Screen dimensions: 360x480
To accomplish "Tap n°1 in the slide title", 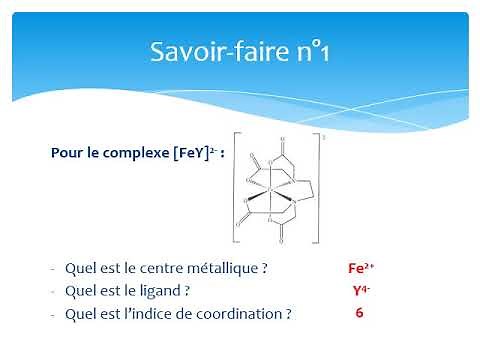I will pos(306,51).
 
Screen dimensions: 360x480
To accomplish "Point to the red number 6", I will pos(359,313).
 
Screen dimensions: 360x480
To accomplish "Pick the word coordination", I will pos(239,313).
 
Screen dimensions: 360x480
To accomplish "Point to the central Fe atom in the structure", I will pos(272,186).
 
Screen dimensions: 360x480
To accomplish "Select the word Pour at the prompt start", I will pos(66,154).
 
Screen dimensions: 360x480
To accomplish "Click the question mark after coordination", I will pos(288,313).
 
